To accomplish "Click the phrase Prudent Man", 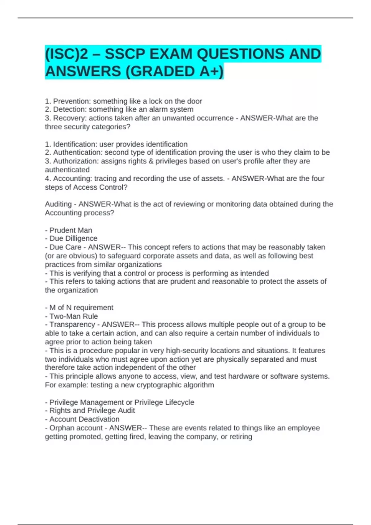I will tap(71, 230).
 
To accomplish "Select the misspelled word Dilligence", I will tap(81, 238).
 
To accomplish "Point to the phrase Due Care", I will tap(65, 247).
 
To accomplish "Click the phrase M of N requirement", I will tap(81, 308).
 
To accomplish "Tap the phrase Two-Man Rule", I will tap(74, 316).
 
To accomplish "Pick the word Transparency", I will tap(72, 325).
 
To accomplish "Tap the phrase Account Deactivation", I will tap(84, 419).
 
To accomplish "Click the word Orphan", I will tap(61, 428).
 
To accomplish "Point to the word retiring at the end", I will tap(241, 437).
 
